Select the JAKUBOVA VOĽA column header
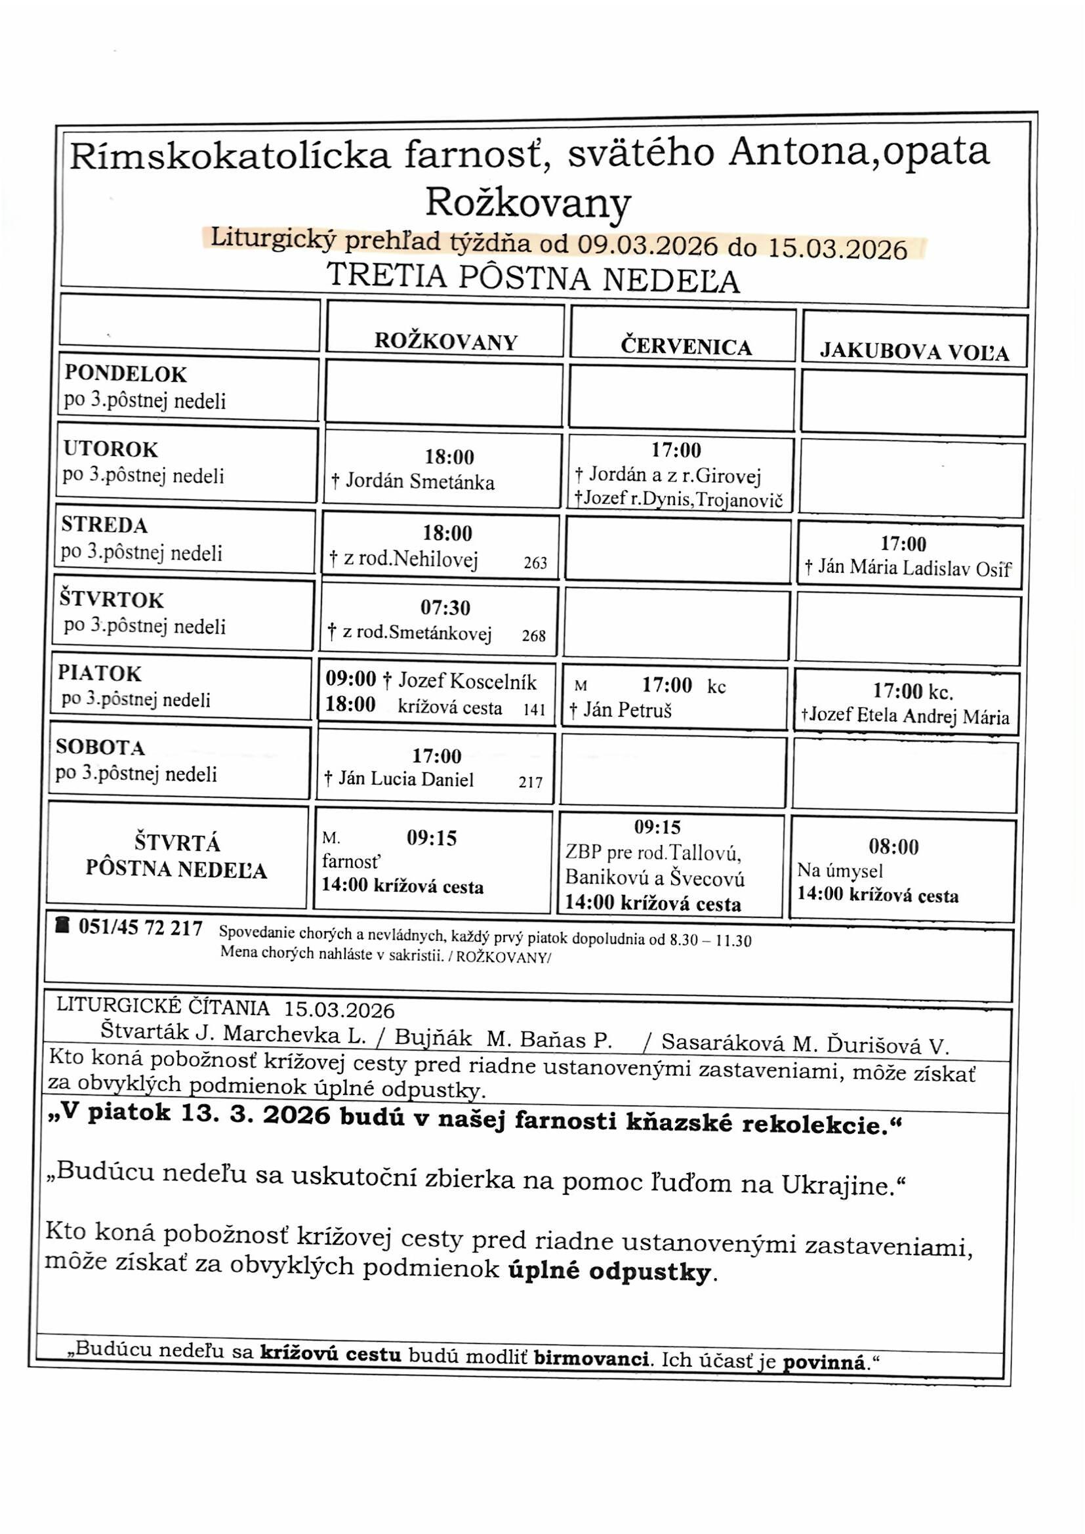914,352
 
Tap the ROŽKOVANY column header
445,342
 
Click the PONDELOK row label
125,374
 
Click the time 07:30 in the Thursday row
445,608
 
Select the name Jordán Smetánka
420,482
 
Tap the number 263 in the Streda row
535,563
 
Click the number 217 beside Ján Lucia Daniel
531,781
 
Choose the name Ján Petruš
626,709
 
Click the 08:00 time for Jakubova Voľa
893,847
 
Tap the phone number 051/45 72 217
140,928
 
